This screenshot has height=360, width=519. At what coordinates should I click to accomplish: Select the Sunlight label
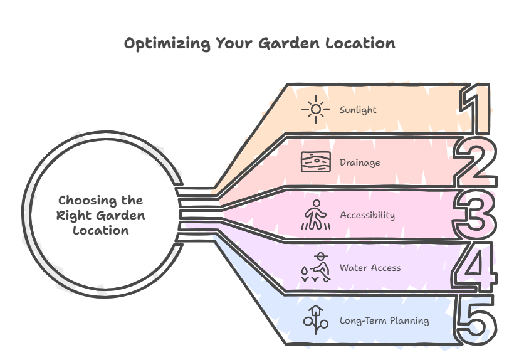coord(358,110)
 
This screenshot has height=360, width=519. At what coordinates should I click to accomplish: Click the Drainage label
coord(360,162)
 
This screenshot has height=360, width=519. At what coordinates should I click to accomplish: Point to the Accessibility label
coord(367,215)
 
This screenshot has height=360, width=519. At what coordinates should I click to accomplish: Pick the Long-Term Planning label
coord(384,320)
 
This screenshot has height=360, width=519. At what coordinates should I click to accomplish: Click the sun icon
coord(315,110)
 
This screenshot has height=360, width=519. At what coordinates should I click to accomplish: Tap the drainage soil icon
coord(314,162)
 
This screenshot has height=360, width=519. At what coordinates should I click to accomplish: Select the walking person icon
coord(315,215)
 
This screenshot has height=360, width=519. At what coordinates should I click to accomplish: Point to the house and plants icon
coord(315,319)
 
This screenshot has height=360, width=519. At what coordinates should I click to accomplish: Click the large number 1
coord(476,110)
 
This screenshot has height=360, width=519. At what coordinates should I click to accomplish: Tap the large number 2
coord(476,162)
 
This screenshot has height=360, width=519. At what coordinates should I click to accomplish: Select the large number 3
coord(476,215)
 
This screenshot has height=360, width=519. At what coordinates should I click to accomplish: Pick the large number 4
coord(476,268)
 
